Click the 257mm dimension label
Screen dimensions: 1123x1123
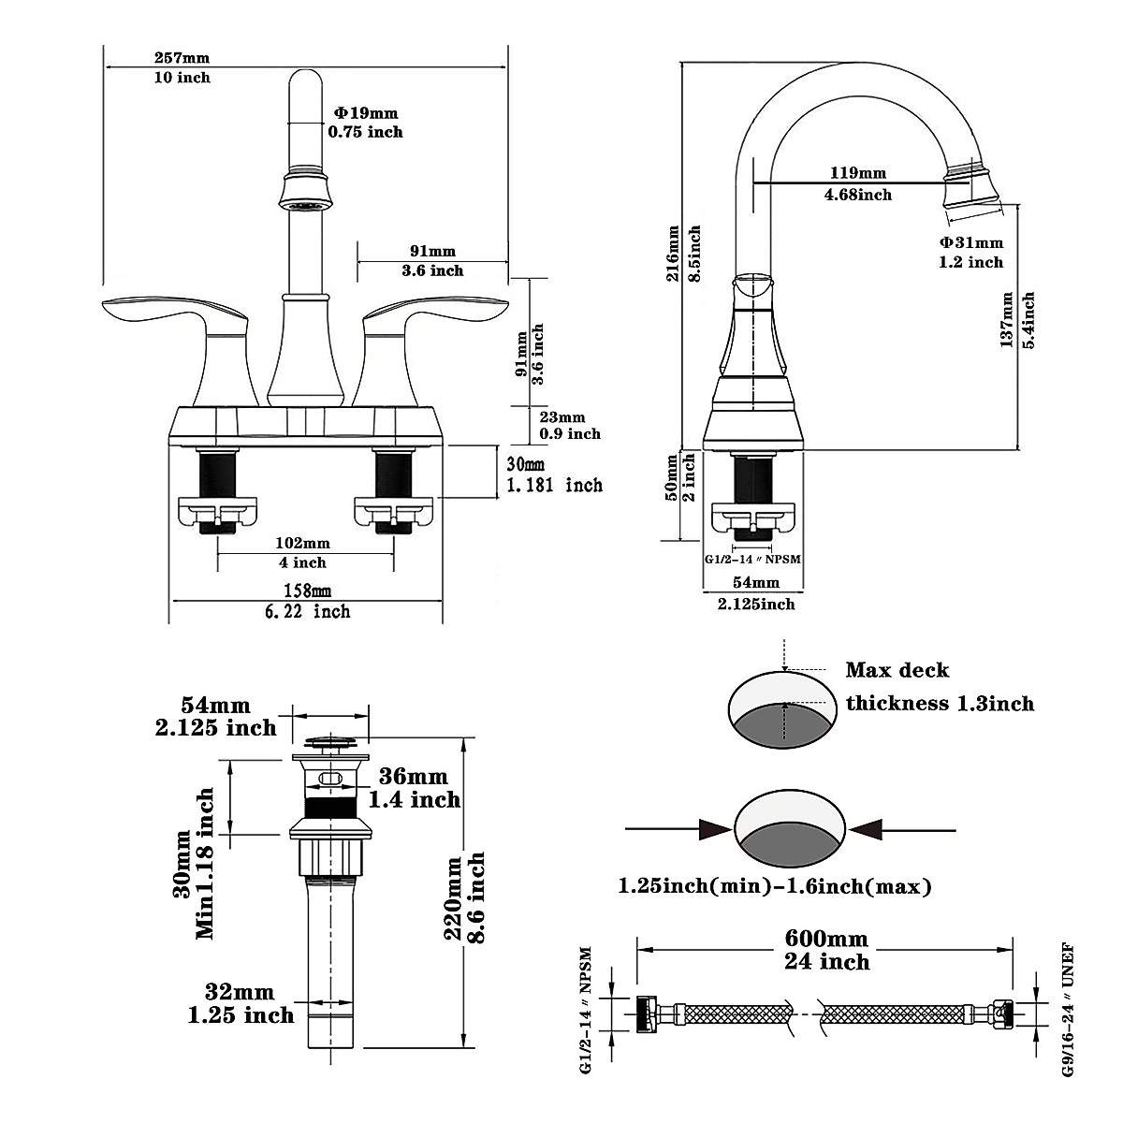coord(182,58)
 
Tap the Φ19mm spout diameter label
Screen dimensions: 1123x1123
coord(366,113)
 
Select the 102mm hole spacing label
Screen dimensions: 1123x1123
coord(302,543)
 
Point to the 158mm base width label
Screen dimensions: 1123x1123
coord(307,591)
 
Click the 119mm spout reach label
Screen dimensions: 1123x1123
coord(858,173)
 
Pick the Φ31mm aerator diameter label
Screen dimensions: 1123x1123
coord(971,242)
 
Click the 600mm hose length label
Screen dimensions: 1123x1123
coord(826,939)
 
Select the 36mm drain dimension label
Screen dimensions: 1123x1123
coord(414,776)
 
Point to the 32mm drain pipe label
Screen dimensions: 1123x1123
coord(240,991)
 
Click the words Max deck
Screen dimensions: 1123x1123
coord(897,671)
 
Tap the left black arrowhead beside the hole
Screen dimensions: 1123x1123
coord(716,829)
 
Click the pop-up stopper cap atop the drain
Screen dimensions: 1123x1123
coord(329,742)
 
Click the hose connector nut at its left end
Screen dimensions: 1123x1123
coord(647,1014)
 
